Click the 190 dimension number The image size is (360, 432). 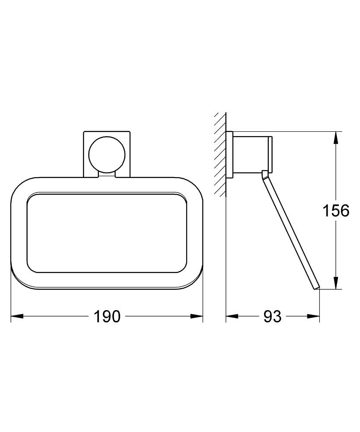(107, 316)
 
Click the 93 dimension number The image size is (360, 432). (272, 316)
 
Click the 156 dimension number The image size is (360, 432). (336, 211)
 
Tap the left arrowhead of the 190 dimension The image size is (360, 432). (16, 316)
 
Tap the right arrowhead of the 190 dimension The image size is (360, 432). (197, 316)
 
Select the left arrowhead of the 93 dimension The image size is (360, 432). (232, 316)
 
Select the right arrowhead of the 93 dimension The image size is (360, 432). (314, 316)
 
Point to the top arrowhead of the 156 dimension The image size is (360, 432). (336, 137)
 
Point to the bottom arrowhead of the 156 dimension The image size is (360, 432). (336, 283)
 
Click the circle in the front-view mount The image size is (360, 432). (107, 155)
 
